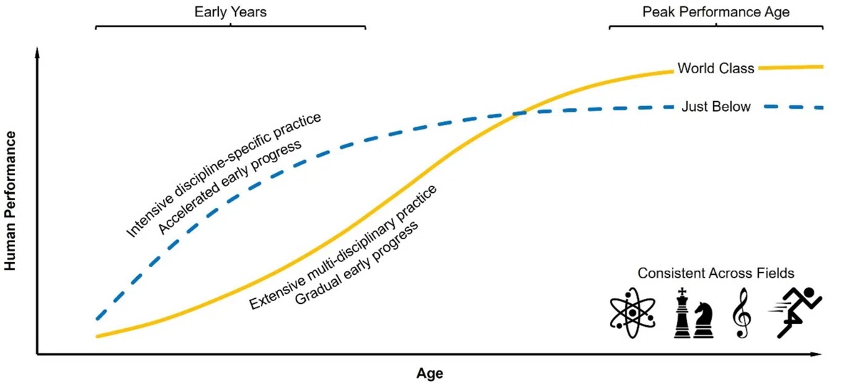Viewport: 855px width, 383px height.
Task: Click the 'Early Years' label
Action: tap(230, 12)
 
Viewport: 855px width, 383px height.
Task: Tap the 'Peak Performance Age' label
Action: tap(715, 12)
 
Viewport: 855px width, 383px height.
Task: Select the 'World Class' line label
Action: tap(715, 68)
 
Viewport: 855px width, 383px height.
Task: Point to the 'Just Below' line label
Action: tap(716, 107)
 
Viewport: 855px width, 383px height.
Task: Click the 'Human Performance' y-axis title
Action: tap(10, 201)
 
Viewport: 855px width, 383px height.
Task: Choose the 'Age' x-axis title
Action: tap(430, 373)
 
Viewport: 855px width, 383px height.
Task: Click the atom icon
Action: tap(633, 313)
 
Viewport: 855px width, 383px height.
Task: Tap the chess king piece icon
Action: tap(682, 313)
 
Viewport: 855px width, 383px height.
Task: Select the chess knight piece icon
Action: tap(703, 320)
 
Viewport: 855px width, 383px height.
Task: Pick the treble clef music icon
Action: tap(742, 313)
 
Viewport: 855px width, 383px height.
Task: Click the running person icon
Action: tap(796, 313)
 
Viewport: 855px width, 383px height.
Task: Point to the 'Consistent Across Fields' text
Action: tap(715, 273)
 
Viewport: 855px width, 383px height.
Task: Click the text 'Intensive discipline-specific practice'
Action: tap(223, 174)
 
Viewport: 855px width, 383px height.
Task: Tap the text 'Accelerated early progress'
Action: tap(229, 187)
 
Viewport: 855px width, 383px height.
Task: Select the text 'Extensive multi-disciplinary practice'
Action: tap(343, 247)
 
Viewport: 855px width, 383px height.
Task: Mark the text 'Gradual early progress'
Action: tap(356, 263)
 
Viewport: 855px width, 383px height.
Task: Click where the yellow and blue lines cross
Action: tap(520, 113)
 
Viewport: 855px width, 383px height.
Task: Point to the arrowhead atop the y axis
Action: tap(37, 52)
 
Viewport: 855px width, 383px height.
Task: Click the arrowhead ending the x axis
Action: tap(816, 355)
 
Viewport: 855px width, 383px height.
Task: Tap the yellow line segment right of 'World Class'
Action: tap(790, 68)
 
